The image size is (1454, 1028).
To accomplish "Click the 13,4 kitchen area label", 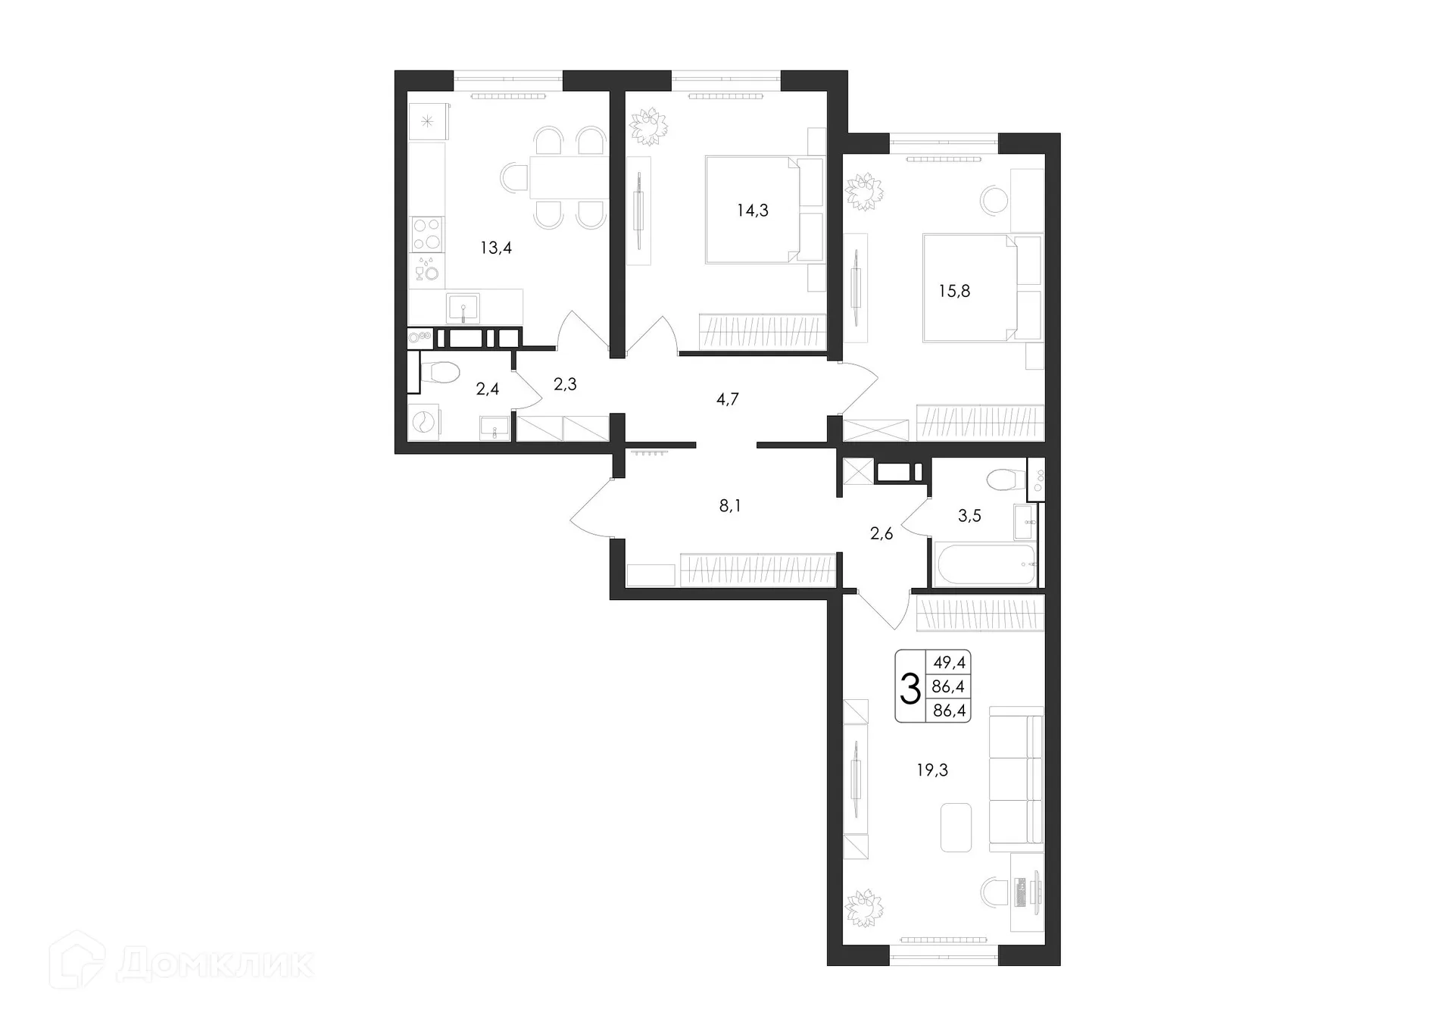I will point(496,248).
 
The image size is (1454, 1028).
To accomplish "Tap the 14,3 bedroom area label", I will point(752,211).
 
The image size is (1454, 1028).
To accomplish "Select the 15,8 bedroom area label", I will point(954,291).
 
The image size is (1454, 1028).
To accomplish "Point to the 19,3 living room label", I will point(932,770).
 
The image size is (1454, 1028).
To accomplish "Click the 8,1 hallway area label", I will point(729,506).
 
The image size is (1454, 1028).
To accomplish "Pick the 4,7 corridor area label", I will point(727,399).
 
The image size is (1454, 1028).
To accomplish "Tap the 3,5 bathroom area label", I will point(969,516).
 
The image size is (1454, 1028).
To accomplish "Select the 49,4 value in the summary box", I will point(949,663).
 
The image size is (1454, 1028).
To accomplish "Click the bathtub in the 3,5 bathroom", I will point(984,565).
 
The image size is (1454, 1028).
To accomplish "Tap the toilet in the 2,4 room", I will point(441,373).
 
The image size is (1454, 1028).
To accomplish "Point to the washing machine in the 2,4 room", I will point(424,422).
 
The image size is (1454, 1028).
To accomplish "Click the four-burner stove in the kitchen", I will point(426,233).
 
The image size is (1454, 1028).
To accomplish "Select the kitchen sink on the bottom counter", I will point(462,308).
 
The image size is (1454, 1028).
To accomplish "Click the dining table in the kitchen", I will point(568,178).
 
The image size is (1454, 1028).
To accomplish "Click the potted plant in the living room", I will point(864,908).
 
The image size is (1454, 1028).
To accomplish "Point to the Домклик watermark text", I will point(216,964).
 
